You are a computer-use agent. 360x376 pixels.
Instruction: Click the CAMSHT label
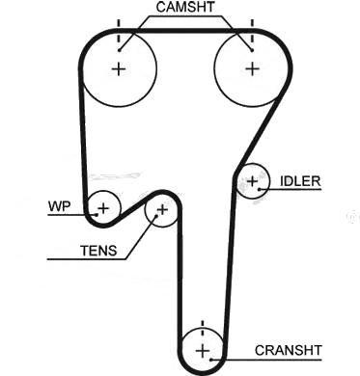[185, 8]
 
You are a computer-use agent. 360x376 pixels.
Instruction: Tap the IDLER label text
[300, 181]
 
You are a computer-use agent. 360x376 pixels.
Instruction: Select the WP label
[59, 206]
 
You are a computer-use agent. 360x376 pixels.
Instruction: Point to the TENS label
[98, 251]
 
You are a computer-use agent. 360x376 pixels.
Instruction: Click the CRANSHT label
[289, 350]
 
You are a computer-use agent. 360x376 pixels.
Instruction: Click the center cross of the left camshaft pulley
[119, 68]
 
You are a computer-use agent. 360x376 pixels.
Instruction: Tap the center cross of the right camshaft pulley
[253, 68]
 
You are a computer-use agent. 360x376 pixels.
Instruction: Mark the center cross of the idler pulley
[253, 181]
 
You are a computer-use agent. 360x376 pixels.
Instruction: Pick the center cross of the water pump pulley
[103, 208]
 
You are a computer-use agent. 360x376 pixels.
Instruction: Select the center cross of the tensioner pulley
[163, 210]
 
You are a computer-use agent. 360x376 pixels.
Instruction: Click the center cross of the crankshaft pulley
[203, 350]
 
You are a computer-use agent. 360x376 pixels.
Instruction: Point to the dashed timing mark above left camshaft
[119, 31]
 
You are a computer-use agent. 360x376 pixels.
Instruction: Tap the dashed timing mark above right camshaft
[252, 31]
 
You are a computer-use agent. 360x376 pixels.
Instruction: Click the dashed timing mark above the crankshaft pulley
[203, 329]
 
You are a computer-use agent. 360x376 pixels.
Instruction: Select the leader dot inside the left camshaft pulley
[119, 50]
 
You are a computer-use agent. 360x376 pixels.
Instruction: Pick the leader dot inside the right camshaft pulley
[252, 50]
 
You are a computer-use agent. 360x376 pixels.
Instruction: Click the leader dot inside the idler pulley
[260, 189]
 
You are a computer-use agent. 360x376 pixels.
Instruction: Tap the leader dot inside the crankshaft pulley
[211, 360]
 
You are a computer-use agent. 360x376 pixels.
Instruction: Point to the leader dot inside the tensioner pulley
[156, 216]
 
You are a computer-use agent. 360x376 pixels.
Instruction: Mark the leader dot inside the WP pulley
[96, 214]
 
